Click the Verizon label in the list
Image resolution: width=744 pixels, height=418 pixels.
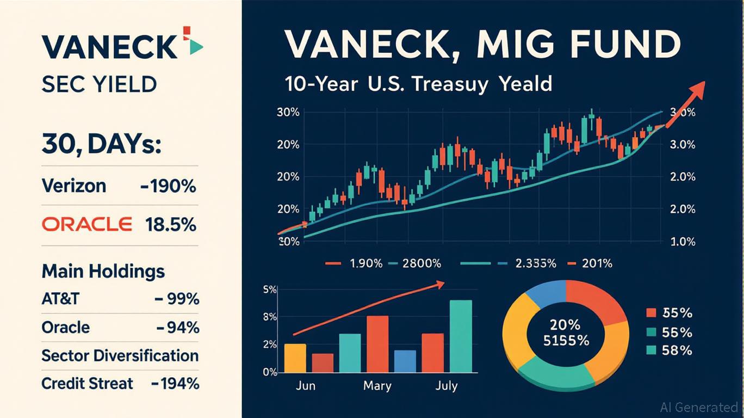[74, 186]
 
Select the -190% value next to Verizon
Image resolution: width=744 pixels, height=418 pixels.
[168, 186]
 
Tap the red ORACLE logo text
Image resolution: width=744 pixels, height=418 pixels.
[87, 224]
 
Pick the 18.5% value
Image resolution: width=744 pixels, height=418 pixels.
[170, 225]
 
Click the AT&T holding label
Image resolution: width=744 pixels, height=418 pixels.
[60, 299]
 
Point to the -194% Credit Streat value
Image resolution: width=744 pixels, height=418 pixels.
[175, 384]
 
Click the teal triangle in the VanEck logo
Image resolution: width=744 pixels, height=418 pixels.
[196, 47]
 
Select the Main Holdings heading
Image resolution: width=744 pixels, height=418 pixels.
[103, 272]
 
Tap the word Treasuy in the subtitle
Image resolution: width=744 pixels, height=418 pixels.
[450, 84]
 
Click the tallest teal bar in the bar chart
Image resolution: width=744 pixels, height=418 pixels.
[461, 336]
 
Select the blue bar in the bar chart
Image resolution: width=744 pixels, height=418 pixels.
[405, 361]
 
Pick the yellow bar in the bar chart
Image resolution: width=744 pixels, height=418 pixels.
[295, 358]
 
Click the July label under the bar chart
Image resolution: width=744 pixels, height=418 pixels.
[447, 386]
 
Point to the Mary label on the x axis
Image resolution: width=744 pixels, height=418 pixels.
[377, 386]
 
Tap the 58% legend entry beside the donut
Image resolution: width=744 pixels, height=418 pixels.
[669, 350]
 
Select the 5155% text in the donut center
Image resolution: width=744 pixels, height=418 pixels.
[566, 341]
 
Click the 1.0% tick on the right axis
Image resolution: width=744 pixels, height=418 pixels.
[683, 242]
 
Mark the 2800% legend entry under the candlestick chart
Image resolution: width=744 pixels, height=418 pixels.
[414, 263]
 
